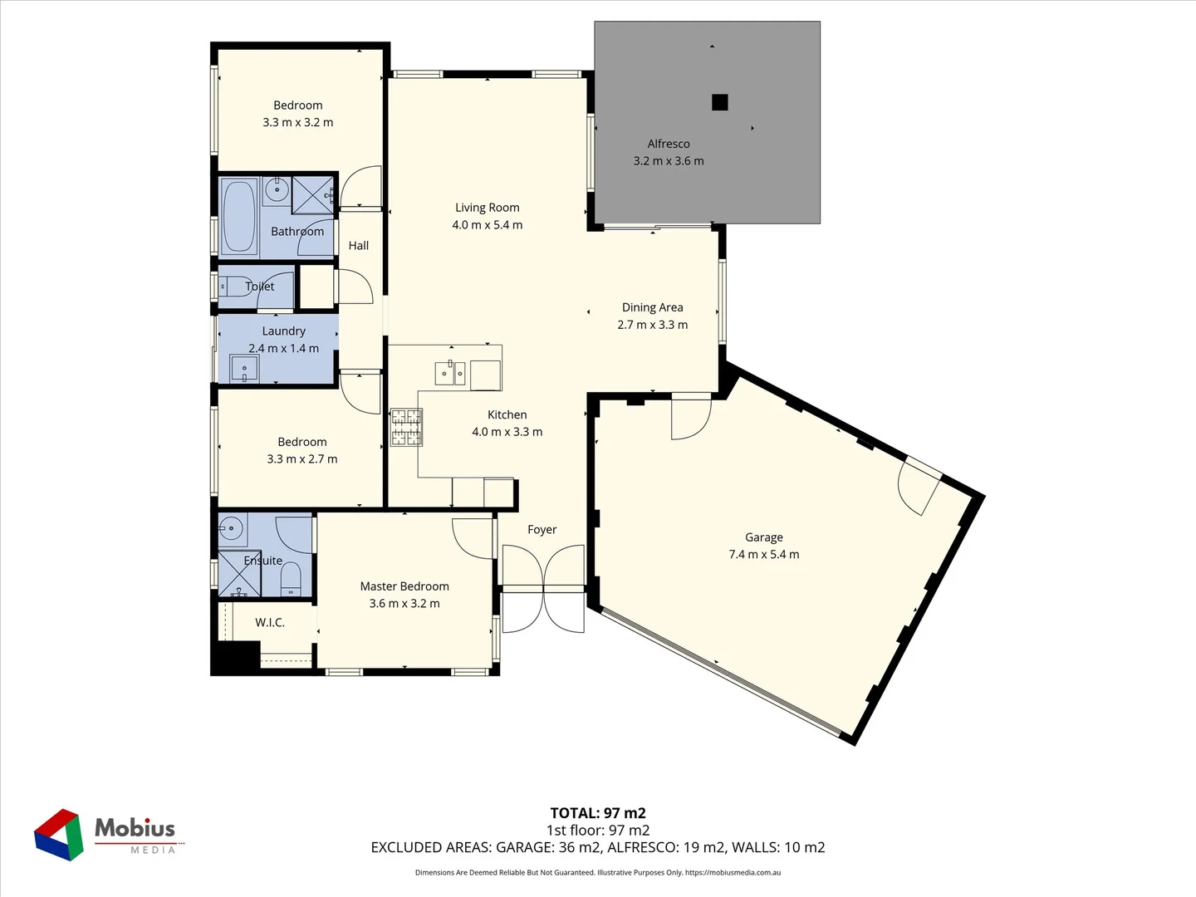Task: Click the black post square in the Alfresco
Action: coord(720,102)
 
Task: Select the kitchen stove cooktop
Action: coord(406,427)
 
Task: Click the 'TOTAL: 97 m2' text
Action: coord(598,813)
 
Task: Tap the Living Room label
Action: coord(487,208)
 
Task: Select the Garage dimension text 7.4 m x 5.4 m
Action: coord(763,555)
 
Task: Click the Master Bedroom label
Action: coord(404,586)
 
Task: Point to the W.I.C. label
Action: coord(270,622)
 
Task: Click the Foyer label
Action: coord(542,530)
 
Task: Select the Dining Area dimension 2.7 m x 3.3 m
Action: coord(652,325)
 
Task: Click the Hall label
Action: coord(359,246)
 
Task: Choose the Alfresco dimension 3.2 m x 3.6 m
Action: coord(669,161)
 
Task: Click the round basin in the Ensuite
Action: coord(231,527)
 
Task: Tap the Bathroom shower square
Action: coord(312,195)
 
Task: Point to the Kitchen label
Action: coord(507,414)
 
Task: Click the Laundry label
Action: coord(283,331)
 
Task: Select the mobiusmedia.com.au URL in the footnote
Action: coord(733,872)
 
